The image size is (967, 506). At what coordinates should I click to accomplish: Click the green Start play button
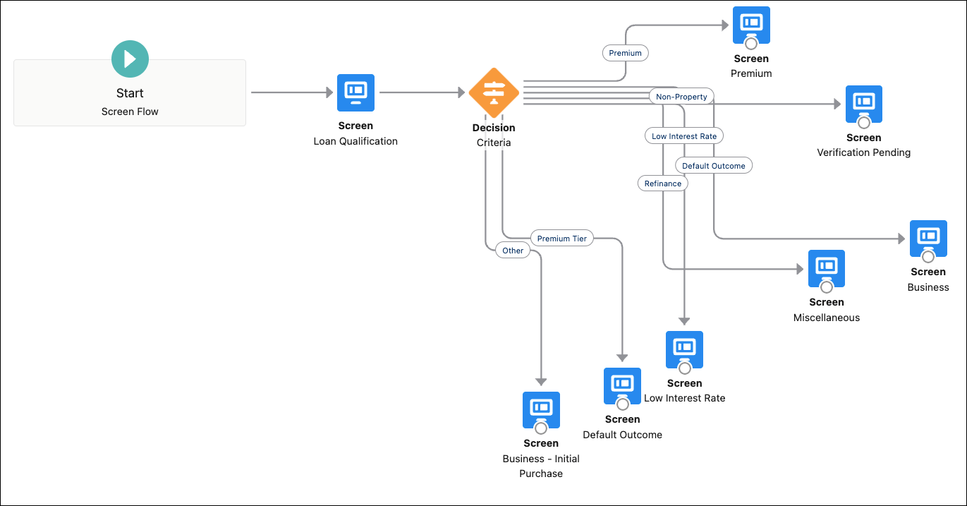click(x=130, y=59)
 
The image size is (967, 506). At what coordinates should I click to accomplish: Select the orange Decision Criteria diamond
click(x=494, y=92)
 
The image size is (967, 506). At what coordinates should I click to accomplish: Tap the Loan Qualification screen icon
click(x=355, y=92)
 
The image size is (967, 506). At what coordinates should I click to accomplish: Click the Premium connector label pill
click(x=625, y=53)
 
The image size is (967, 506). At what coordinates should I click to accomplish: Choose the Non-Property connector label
click(x=681, y=97)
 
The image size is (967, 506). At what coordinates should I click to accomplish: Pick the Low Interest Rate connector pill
click(x=683, y=136)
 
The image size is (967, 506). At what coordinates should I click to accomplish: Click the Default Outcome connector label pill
click(x=713, y=166)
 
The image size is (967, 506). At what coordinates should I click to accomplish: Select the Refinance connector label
click(x=663, y=183)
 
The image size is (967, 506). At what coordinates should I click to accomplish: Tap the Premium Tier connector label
click(x=561, y=239)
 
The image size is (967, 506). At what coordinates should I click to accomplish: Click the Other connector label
click(x=513, y=251)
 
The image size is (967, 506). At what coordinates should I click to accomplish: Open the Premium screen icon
click(x=751, y=25)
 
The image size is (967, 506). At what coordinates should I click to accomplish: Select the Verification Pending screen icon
click(x=864, y=104)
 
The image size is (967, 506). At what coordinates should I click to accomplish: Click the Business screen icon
click(x=928, y=239)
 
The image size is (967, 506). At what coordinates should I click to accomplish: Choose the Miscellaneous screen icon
click(x=826, y=269)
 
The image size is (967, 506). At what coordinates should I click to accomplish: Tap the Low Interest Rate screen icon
click(x=684, y=349)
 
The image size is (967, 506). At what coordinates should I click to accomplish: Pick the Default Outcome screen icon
click(x=622, y=386)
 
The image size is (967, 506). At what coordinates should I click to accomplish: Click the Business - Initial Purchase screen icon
click(x=541, y=410)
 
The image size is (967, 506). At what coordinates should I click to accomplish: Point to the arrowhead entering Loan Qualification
click(x=329, y=92)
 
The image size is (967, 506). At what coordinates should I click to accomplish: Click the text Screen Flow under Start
click(x=130, y=112)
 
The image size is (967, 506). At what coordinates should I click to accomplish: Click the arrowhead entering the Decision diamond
click(x=461, y=92)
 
